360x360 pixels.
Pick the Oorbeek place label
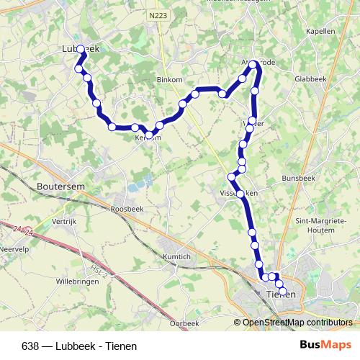(x=185, y=324)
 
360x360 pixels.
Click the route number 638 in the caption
(x=30, y=346)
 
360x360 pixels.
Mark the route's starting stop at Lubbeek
(x=81, y=49)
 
